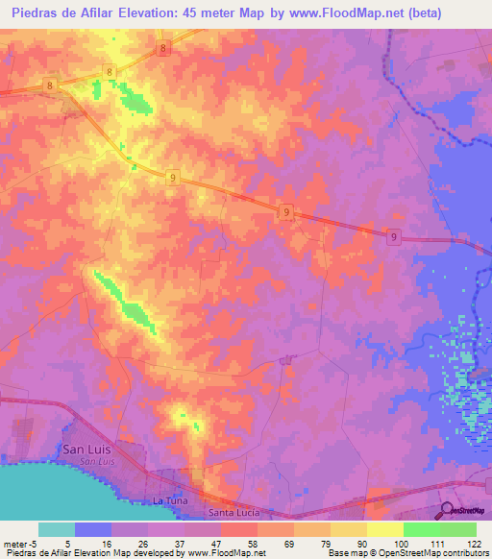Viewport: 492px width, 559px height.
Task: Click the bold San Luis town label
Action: (x=86, y=449)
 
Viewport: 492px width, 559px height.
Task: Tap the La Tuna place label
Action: (x=167, y=501)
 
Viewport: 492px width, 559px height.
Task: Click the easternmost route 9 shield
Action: (x=394, y=236)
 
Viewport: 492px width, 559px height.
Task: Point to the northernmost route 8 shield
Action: (x=164, y=47)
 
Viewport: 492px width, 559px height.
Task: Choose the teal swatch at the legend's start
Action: (x=57, y=529)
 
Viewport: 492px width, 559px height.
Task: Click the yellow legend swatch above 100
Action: (x=384, y=529)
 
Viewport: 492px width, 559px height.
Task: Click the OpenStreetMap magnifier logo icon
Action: (x=446, y=509)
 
